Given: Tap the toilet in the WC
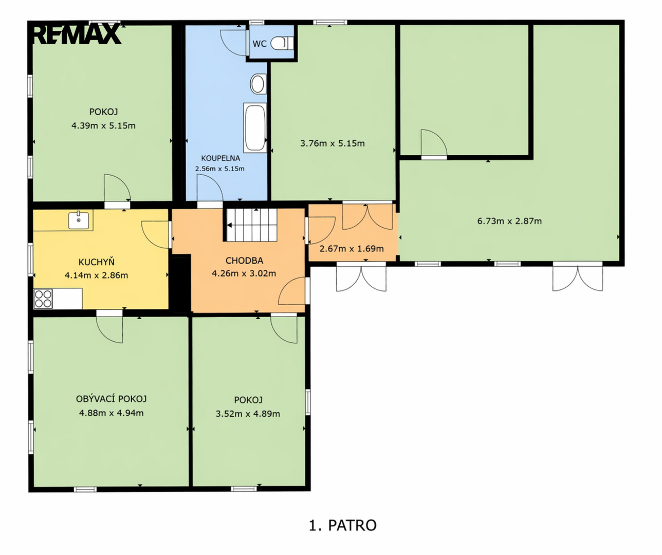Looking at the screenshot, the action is (x=282, y=43).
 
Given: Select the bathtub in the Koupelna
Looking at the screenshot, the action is (x=255, y=128).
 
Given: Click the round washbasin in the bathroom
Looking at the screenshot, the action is (x=258, y=84).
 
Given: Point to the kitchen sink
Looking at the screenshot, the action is (x=79, y=220).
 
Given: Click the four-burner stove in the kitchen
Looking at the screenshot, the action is (x=43, y=299).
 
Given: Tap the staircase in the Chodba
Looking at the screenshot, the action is (x=252, y=225).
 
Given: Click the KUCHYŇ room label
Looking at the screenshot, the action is (x=97, y=263).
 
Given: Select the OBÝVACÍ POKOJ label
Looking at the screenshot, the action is (x=112, y=399).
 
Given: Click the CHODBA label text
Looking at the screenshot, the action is (x=244, y=261).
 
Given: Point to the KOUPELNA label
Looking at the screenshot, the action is (x=220, y=158).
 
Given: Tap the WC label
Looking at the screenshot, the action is (x=260, y=44).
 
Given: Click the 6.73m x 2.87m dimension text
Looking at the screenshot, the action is (x=509, y=221).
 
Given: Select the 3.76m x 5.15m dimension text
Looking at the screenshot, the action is (x=332, y=143).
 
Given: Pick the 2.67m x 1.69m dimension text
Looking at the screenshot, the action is (x=352, y=249).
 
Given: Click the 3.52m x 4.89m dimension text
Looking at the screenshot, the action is (x=248, y=414).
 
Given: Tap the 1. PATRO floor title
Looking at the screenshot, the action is (x=343, y=526).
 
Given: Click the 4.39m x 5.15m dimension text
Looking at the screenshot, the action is (x=103, y=126).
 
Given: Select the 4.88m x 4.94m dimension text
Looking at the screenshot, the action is (x=112, y=413).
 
